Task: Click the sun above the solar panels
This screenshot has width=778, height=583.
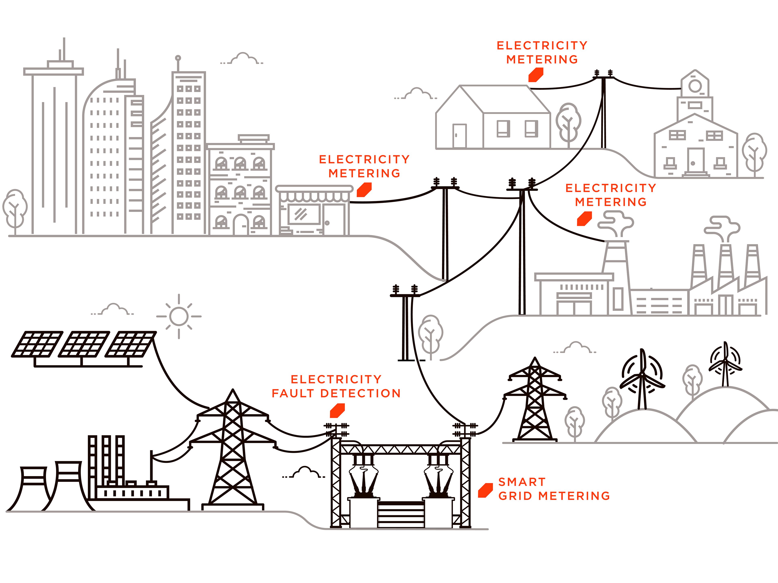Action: click(x=179, y=316)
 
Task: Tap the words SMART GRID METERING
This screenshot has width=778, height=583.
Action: click(x=553, y=489)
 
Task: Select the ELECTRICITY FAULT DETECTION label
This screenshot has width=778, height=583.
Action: click(x=336, y=386)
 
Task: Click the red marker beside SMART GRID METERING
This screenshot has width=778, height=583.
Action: click(x=485, y=490)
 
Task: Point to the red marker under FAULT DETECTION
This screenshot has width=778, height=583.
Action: click(x=337, y=411)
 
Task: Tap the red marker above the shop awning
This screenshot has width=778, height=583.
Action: click(x=364, y=190)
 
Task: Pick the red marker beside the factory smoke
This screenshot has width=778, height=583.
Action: click(x=585, y=219)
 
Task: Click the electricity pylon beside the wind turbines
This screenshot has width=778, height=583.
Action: click(x=535, y=404)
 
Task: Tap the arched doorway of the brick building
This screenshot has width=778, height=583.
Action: click(x=240, y=224)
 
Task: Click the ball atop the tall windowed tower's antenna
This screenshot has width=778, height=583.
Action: click(x=178, y=58)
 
